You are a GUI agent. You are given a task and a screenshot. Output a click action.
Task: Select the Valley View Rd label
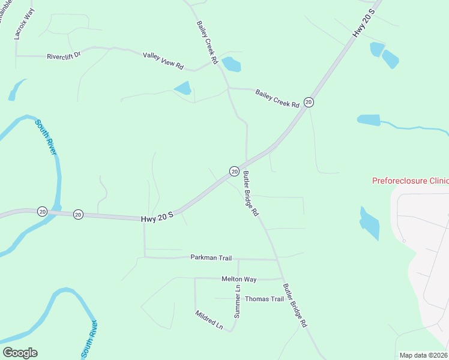point(163,60)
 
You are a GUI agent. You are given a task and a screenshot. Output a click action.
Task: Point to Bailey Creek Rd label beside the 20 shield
point(277,98)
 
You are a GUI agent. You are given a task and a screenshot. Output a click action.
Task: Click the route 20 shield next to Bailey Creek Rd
point(309,102)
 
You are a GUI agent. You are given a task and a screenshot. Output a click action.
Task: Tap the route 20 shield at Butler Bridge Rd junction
point(234,172)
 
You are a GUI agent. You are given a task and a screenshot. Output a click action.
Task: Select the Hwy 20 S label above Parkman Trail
point(157,218)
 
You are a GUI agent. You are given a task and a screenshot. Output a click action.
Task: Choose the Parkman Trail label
point(211,258)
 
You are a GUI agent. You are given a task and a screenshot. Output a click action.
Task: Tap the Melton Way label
point(239,279)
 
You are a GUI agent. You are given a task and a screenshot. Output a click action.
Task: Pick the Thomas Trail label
point(264,299)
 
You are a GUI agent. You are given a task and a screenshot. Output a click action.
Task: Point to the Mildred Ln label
point(209,320)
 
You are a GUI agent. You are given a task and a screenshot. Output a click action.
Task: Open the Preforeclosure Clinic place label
point(410,180)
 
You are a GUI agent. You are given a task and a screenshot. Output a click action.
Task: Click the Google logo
point(20,353)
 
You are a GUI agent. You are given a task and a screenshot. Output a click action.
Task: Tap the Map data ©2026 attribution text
point(423,355)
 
